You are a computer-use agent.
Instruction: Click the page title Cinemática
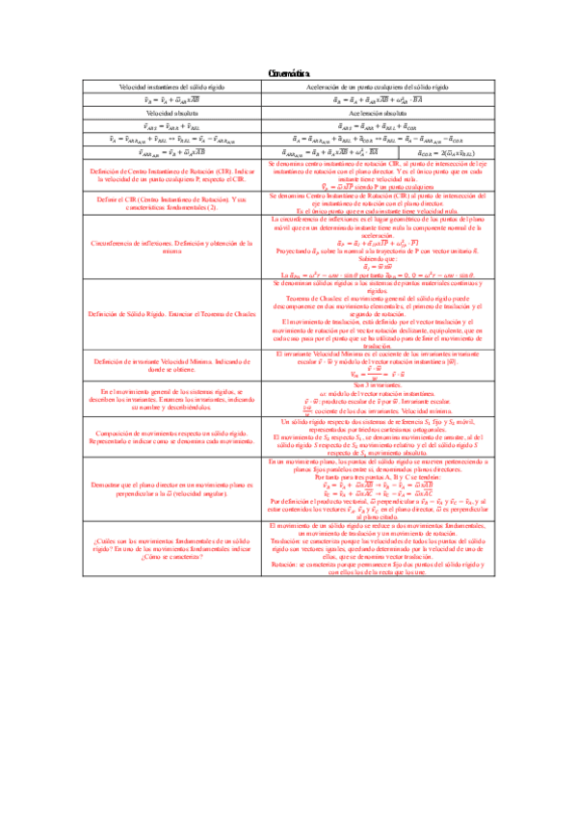click(288, 75)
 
